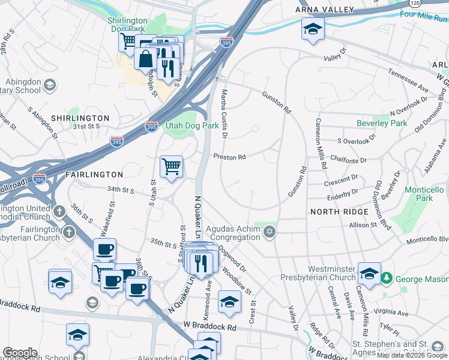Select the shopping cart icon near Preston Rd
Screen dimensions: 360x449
(172, 166)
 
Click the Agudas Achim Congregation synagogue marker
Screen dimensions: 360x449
(270, 232)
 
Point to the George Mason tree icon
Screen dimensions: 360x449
(388, 278)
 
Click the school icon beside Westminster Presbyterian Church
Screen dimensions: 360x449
(369, 272)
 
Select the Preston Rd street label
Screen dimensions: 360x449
(230, 157)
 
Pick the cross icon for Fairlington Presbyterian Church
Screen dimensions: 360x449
(69, 232)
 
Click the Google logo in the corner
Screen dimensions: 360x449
(20, 353)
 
